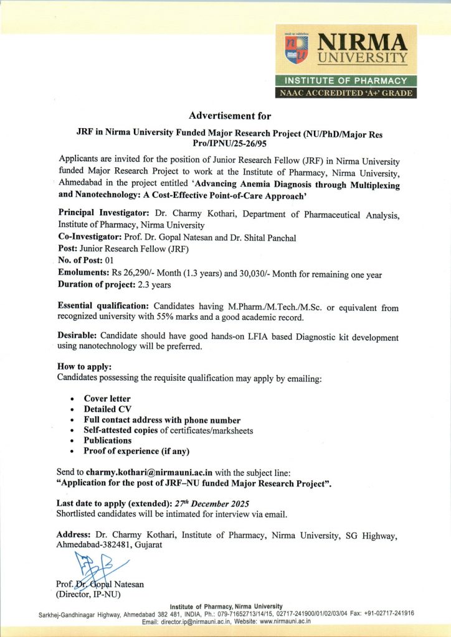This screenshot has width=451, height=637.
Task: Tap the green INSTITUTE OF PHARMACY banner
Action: (346, 81)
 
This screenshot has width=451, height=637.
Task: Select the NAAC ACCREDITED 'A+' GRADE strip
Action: (346, 93)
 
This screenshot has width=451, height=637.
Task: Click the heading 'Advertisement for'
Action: (230, 115)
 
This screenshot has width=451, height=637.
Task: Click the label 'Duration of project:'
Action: (96, 284)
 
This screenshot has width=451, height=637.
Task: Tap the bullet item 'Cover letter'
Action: (107, 398)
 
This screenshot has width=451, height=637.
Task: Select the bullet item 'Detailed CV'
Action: (108, 409)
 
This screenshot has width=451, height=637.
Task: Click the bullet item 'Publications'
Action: (108, 440)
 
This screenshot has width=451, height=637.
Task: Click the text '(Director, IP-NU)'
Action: (88, 595)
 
